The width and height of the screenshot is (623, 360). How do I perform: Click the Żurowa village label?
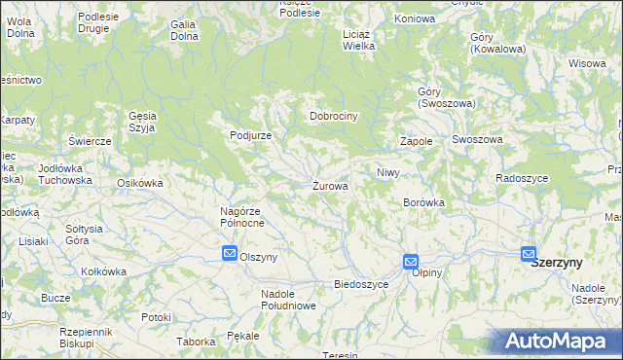pos(330,185)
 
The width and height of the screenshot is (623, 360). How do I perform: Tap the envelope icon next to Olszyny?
pos(229,255)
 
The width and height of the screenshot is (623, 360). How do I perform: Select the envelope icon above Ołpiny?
pos(411,261)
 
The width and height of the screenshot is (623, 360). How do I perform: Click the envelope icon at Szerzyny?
pos(529,255)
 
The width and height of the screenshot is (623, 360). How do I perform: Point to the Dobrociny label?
pos(334,116)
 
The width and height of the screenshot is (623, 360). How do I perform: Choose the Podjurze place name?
pos(250,135)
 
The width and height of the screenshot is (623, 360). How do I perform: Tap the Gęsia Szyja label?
pos(142,121)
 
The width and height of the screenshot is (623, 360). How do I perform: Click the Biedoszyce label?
pos(361,284)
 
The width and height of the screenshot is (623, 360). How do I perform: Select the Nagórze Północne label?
pos(236,217)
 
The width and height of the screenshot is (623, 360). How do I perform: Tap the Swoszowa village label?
pos(477,140)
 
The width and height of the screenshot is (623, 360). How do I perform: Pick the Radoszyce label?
pos(522,178)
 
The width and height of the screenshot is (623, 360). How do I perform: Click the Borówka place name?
pos(423,202)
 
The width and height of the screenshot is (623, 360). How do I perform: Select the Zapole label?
pos(416,141)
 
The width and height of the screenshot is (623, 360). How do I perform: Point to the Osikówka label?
pos(138,183)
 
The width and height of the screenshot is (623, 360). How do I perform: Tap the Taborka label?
pos(195,342)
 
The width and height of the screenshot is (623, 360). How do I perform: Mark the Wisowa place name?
pos(587,63)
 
